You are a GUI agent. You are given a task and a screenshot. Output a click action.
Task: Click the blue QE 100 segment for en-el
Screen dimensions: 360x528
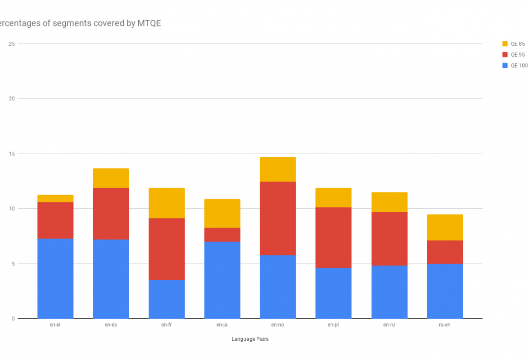point(55,278)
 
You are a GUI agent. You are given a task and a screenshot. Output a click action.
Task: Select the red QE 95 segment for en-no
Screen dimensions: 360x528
point(278,218)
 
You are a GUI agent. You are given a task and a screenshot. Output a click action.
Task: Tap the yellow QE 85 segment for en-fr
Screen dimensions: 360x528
point(167,203)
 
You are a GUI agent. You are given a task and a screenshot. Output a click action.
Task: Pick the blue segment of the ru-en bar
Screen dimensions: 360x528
point(445,291)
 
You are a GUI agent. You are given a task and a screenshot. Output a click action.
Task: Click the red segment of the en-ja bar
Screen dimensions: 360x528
point(222,235)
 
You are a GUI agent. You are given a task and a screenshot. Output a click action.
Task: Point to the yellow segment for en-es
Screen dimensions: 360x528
point(111,178)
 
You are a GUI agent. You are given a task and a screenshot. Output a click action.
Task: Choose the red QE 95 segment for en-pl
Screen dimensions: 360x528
point(334,238)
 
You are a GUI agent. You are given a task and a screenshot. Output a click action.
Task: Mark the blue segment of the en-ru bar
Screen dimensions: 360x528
point(389,292)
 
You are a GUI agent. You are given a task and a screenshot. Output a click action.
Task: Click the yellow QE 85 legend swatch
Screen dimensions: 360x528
point(505,44)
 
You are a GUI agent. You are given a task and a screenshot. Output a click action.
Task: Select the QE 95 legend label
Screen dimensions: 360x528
point(517,55)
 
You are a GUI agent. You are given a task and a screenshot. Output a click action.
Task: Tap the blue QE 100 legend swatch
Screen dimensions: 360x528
point(505,66)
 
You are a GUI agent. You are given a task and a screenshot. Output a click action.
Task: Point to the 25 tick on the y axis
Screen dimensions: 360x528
point(12,44)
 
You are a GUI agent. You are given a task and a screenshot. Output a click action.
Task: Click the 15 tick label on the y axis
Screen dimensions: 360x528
point(12,154)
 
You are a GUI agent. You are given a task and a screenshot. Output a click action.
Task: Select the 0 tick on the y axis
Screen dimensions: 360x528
point(13,319)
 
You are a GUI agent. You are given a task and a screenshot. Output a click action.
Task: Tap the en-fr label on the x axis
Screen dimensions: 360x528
point(167,325)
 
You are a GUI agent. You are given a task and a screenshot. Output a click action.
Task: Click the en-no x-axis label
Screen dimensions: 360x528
point(278,325)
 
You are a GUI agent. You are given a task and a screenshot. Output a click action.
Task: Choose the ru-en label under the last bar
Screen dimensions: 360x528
point(445,325)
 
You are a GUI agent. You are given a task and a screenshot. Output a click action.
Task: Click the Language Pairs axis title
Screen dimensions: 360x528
point(250,339)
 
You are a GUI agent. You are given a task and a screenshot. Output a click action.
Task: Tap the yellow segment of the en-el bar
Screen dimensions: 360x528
point(55,199)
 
